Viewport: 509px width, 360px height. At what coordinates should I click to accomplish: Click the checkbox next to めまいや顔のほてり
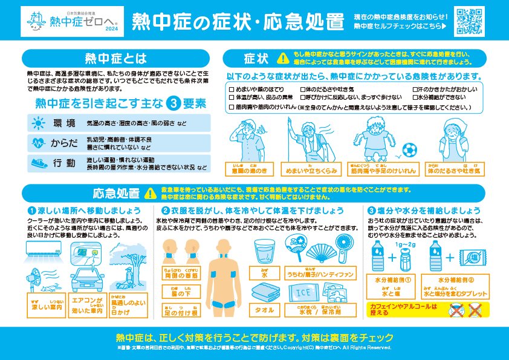[x=232, y=90]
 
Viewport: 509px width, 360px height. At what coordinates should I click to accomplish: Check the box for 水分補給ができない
[x=416, y=97]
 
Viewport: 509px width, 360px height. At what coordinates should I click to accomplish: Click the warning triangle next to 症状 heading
[x=282, y=59]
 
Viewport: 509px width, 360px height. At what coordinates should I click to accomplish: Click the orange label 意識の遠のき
[x=245, y=171]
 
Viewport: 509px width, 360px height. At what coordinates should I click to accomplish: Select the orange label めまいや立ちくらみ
[x=311, y=171]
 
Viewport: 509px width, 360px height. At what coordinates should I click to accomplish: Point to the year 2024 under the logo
[x=111, y=28]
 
